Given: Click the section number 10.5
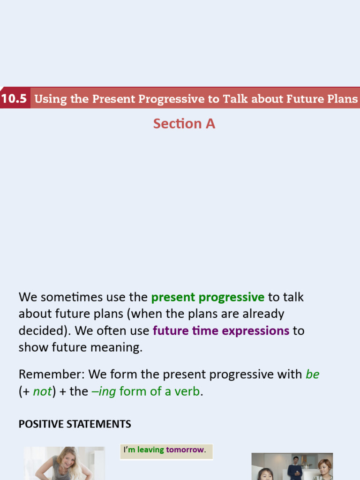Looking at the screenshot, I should coord(15,99).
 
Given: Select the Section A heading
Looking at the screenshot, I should coord(184,124).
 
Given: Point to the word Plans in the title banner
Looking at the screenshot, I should coord(342,99).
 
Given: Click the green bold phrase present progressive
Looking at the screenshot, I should coord(208,297).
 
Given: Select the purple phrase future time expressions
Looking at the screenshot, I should coord(221,331).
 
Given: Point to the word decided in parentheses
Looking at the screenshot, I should coord(41,331).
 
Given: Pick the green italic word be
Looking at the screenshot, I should coord(312,375).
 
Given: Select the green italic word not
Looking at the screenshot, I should coord(42,391).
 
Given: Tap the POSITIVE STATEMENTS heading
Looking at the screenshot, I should coord(75,424).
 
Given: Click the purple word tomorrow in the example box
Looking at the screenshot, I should coord(185,450).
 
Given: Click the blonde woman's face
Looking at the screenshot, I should coord(68,460).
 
